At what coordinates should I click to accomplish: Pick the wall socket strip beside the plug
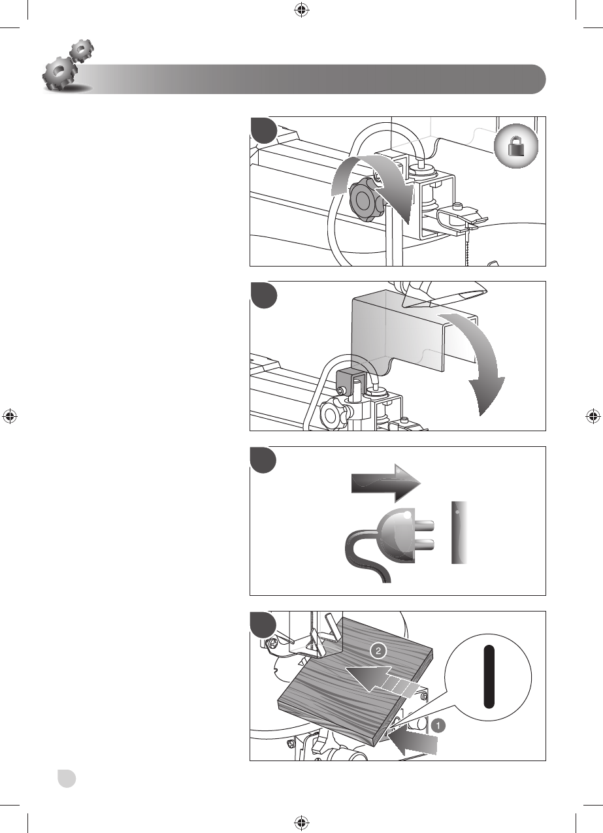tap(460, 532)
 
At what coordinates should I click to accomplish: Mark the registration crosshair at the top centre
tap(301, 10)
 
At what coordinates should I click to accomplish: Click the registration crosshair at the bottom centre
tap(301, 823)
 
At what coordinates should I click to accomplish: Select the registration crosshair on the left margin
tap(10, 416)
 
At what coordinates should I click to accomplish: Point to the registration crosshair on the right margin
tap(593, 416)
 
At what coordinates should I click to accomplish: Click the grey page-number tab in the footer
tap(66, 778)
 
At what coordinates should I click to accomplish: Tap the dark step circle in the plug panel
tap(264, 461)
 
